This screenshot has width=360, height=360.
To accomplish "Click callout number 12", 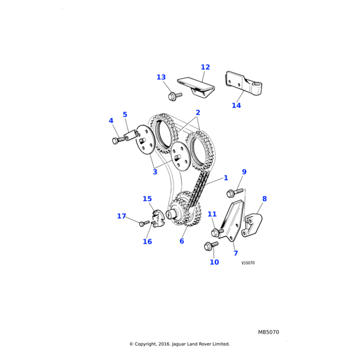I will (205, 67).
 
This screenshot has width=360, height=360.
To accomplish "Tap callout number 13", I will (161, 77).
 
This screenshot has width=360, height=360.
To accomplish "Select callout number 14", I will (236, 106).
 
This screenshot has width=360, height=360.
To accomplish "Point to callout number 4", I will (111, 121).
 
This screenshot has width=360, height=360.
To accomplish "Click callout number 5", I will (125, 115).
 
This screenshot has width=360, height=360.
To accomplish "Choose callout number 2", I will (197, 112).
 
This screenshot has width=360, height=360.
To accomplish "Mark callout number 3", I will (155, 172).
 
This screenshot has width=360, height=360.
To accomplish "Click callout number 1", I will (226, 178).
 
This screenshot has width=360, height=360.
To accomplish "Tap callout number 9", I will (244, 172).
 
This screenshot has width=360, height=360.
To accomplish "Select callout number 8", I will (265, 199).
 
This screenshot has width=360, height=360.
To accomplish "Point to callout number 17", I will (122, 216).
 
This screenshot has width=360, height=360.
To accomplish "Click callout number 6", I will (182, 241).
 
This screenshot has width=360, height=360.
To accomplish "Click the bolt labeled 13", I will (174, 95).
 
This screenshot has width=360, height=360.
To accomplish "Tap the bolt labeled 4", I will (116, 140).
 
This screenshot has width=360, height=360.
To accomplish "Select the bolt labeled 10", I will (209, 245).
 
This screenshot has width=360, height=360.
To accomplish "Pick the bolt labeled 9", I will (232, 193).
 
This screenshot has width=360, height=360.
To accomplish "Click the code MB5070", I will (269, 332).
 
